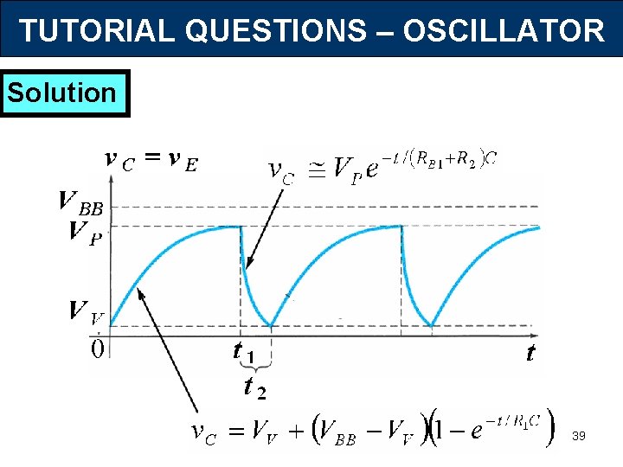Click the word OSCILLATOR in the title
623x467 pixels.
pos(504,31)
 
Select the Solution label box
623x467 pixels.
pos(66,93)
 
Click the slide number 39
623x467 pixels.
pos(579,437)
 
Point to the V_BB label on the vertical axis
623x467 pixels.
pos(80,205)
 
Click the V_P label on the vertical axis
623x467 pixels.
pos(83,233)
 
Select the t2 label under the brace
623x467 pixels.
pos(254,389)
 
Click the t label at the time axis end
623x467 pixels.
pos(530,354)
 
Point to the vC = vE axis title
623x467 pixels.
pos(150,160)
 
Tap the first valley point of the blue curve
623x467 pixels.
pos(272,326)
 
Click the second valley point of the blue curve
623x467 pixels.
pos(432,326)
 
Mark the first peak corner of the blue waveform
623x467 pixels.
pos(241,227)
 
